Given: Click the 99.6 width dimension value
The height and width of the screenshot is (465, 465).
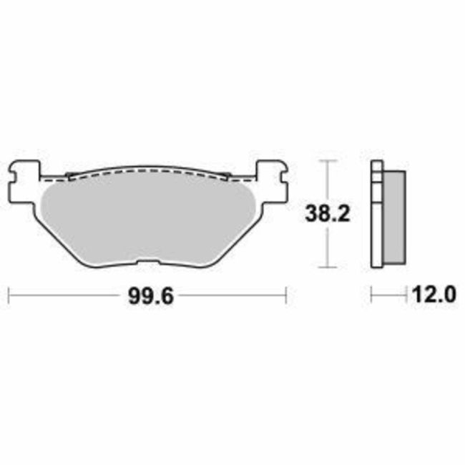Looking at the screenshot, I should click(147, 295).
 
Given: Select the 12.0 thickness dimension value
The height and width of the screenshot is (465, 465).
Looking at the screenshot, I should click(431, 294).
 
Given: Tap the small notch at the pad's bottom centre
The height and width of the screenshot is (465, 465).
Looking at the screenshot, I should click(147, 263).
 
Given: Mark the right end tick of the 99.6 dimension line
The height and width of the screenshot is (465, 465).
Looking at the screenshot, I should click(286, 294).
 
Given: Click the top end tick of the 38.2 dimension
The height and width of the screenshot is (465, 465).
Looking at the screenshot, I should click(328, 161).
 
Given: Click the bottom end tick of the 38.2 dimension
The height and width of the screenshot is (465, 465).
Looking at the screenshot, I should click(328, 268).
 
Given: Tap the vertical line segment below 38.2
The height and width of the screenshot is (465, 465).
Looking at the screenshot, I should click(328, 247).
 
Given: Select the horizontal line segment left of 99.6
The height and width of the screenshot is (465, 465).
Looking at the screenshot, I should click(64, 294).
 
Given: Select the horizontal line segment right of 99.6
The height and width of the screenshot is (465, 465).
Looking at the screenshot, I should click(229, 294).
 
